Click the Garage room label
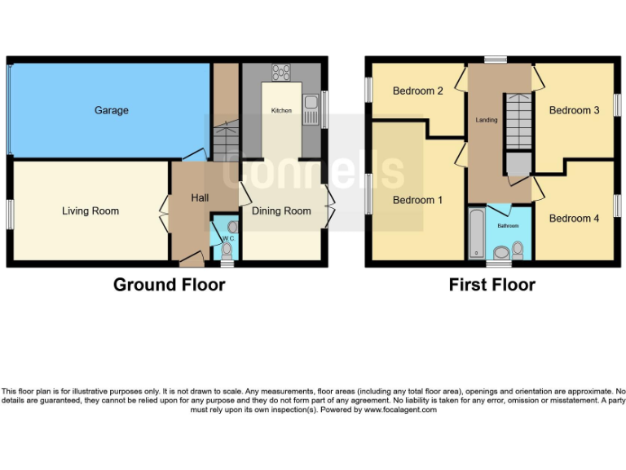point(111,110)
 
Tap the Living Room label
point(90,211)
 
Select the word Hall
point(200,197)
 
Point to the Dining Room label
point(281,211)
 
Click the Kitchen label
point(281,109)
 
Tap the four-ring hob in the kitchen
point(282,72)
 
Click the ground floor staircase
point(225,139)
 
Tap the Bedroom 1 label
point(417,200)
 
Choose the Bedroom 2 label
point(417,91)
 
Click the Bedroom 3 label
point(574,110)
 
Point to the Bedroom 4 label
point(574,218)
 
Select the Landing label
point(487,120)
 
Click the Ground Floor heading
point(169,285)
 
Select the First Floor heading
point(492,285)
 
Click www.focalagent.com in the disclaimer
point(399,410)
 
